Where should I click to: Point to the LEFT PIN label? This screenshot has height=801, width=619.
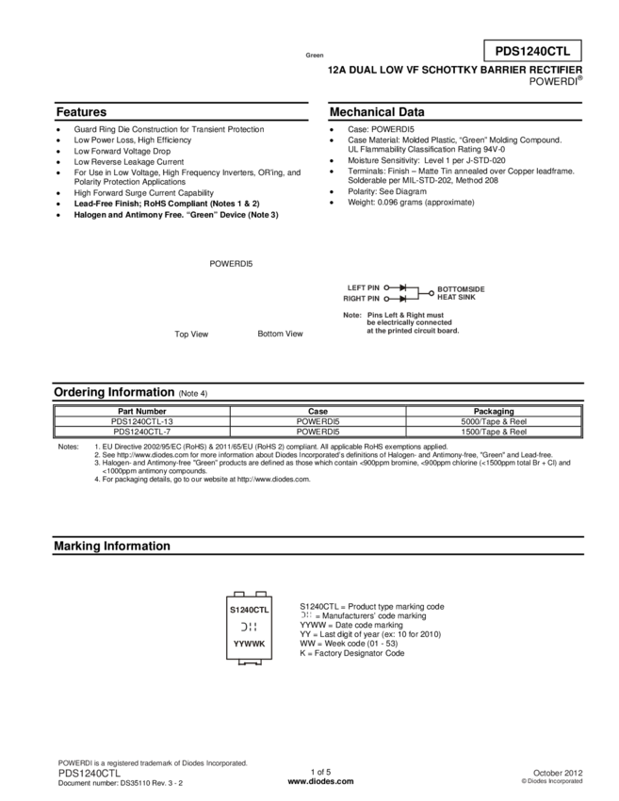tap(363, 286)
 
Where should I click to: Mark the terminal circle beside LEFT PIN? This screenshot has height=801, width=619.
tap(386, 286)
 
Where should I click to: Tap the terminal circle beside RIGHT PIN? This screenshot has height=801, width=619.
tap(386, 298)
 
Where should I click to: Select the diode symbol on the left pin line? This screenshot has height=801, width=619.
tap(402, 286)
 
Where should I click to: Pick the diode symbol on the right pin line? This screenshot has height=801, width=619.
tap(402, 298)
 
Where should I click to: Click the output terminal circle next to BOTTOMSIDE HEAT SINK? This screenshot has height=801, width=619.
tap(432, 292)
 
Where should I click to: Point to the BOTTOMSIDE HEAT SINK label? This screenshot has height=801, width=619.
tap(461, 292)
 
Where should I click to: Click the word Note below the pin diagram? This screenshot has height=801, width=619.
tap(351, 316)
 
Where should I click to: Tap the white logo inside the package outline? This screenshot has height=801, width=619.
tap(249, 627)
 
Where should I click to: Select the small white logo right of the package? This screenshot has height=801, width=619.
tap(306, 614)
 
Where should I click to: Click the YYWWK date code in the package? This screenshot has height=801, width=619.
tap(249, 645)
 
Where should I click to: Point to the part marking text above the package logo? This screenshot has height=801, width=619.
tap(249, 610)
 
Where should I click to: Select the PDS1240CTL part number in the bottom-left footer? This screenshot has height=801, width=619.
tap(90, 773)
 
